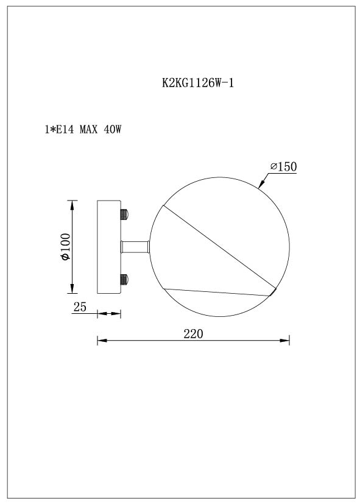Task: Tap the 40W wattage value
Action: [x=115, y=130]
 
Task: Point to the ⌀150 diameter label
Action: [x=283, y=166]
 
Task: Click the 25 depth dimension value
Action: [x=79, y=307]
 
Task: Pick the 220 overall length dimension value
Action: [x=192, y=333]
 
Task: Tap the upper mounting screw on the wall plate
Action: [x=125, y=215]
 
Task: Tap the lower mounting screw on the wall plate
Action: [x=125, y=280]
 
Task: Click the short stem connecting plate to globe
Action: [x=136, y=247]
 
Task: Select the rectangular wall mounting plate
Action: [x=109, y=247]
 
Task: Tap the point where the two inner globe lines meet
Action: [x=272, y=294]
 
